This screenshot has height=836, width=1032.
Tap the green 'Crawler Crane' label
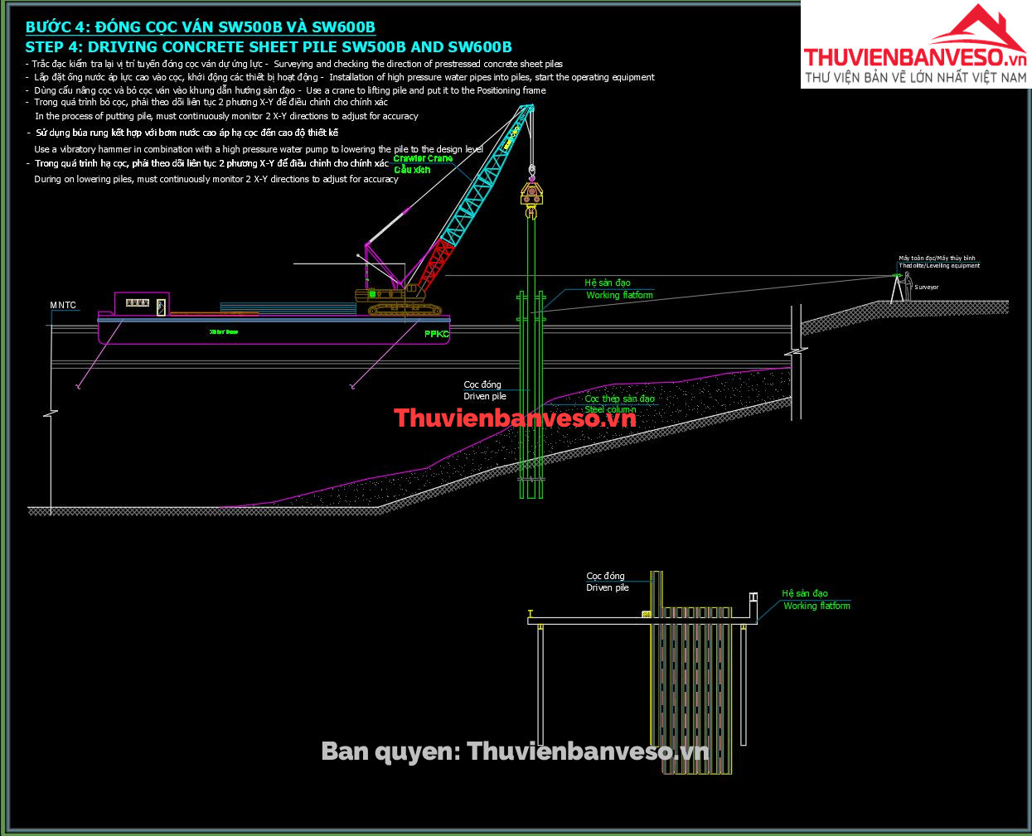[423, 158]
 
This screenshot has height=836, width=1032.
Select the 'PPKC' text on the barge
[436, 334]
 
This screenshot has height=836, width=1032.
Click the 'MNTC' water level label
[63, 306]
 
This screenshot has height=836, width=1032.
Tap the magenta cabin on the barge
[141, 303]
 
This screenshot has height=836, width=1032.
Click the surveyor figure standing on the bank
[908, 286]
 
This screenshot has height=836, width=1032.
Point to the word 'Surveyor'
[927, 288]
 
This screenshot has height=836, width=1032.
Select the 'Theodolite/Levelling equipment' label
[939, 266]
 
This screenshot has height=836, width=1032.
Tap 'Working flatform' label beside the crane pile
[619, 295]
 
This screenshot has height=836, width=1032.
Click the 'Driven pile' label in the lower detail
[608, 587]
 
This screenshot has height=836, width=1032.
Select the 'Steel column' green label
[610, 409]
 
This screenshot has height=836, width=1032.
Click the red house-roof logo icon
[978, 30]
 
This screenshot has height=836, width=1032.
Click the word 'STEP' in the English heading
[47, 47]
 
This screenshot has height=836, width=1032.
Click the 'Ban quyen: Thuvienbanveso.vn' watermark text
[515, 751]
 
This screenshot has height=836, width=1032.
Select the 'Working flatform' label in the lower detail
[816, 606]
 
